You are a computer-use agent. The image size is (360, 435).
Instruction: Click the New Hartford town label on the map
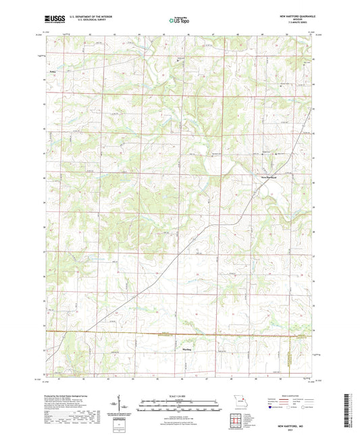coord(269,178)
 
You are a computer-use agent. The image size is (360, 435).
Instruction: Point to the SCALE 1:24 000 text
coord(179,396)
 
